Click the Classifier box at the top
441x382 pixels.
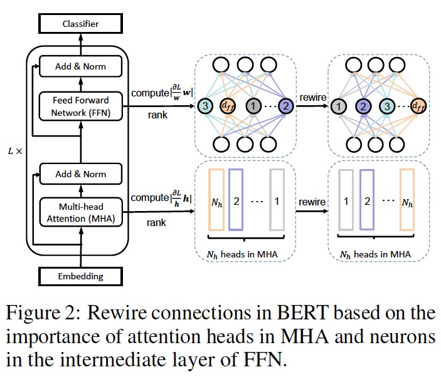pyautogui.click(x=81, y=24)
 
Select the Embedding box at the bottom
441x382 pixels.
pyautogui.click(x=81, y=276)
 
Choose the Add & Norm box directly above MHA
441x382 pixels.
pyautogui.click(x=81, y=173)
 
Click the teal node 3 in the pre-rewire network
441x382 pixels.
pyautogui.click(x=206, y=106)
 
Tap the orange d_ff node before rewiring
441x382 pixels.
pyautogui.click(x=228, y=106)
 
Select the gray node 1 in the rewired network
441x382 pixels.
pyautogui.click(x=339, y=106)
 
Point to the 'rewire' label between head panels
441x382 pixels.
pyautogui.click(x=312, y=202)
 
